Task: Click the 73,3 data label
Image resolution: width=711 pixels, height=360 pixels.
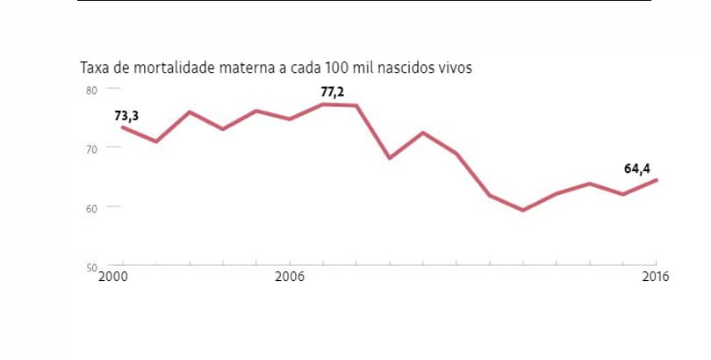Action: (x=126, y=115)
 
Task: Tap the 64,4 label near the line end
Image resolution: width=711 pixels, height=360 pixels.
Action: (x=636, y=169)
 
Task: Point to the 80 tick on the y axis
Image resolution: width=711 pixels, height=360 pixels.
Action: (x=90, y=89)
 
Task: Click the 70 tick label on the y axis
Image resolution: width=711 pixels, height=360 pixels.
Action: (x=90, y=148)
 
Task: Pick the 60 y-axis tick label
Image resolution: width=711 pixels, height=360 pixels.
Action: (x=90, y=207)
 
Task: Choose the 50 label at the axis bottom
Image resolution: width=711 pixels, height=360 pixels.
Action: (x=90, y=266)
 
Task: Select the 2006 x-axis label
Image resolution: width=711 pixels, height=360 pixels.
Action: (x=290, y=277)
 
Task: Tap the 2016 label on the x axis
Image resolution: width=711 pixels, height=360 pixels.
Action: (x=655, y=277)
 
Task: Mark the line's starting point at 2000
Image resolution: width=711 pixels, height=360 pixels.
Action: (x=123, y=127)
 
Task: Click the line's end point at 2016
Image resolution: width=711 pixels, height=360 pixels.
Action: (x=657, y=180)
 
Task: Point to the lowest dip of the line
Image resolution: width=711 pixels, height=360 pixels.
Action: (x=523, y=210)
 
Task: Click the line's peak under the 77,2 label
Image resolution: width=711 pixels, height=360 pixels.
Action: (x=323, y=104)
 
